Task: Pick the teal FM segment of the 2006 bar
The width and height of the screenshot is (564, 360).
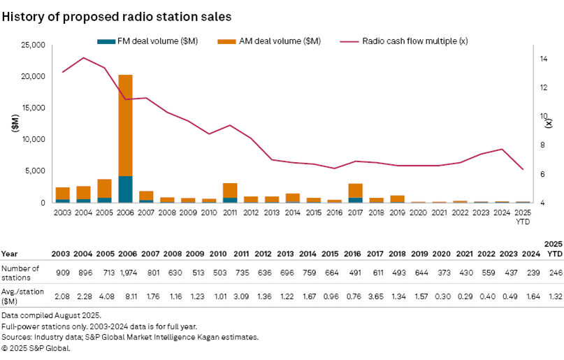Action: (125, 189)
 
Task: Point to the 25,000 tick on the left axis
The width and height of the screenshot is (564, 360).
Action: (31, 45)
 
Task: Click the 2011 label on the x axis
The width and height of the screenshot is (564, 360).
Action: (230, 210)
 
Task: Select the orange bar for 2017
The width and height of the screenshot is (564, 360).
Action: (355, 190)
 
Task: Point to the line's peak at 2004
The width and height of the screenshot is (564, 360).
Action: (83, 58)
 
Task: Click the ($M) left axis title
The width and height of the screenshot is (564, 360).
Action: (15, 123)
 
